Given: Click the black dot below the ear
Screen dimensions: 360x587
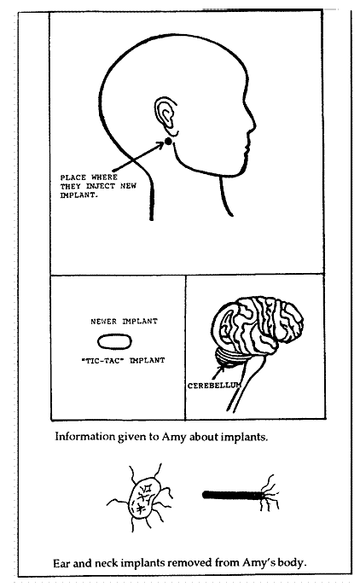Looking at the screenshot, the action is (168, 141).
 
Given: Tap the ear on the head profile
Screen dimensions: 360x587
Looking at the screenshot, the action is (165, 115).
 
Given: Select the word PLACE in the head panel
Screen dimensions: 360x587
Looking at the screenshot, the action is (73, 177).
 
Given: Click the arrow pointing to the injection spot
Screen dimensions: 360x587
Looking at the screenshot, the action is (137, 157).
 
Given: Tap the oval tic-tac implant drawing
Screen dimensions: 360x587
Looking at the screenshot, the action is (114, 341).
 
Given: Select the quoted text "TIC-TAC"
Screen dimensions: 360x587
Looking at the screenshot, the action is (102, 361).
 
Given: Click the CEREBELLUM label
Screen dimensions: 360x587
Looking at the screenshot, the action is (214, 386).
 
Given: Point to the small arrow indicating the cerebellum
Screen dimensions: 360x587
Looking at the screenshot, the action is (218, 371).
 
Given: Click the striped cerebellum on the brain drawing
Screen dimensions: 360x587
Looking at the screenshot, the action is (229, 358).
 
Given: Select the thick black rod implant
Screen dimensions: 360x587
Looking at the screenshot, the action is (232, 495).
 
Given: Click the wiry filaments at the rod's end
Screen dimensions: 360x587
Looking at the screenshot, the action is (270, 493).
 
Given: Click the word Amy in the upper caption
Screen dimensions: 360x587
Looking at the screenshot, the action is (173, 437).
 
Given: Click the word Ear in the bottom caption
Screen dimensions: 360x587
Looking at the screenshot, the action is (61, 562).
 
